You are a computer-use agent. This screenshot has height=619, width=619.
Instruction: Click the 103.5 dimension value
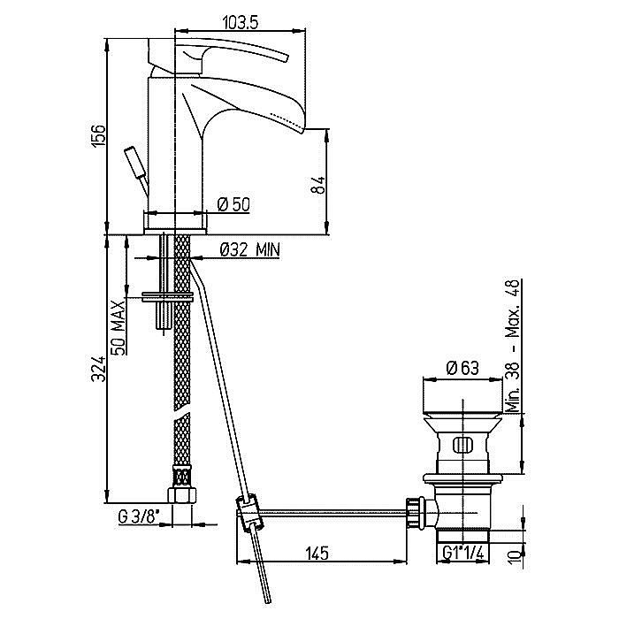coord(241,22)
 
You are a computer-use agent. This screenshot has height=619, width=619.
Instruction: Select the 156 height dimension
coord(98,136)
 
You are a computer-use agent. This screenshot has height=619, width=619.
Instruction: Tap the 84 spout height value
coord(319,185)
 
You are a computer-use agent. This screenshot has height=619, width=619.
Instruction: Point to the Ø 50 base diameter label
coord(233,204)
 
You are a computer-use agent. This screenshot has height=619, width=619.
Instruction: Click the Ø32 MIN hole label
coord(250,249)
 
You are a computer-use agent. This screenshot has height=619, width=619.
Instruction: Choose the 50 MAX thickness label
coord(118,327)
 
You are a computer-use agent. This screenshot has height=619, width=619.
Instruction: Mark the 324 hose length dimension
coord(99,369)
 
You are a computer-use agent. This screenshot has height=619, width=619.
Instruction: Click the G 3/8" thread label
coord(138,516)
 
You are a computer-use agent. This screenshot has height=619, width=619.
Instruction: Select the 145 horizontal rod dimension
coord(317,553)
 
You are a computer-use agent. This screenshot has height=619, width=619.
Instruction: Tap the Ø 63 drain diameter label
coord(462,368)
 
